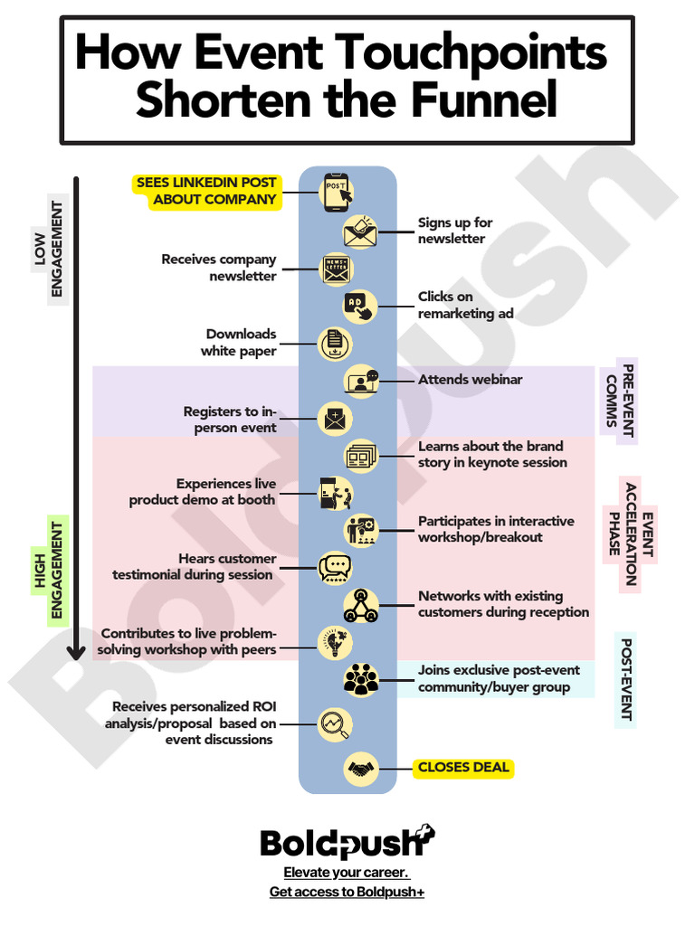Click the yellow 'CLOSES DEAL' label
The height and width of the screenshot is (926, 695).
[x=463, y=768]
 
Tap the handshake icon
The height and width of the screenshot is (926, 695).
[x=361, y=769]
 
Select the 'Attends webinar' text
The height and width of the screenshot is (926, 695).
[x=470, y=380]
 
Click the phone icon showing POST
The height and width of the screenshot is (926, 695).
[x=336, y=191]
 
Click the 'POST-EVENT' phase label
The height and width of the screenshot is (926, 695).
[x=625, y=680]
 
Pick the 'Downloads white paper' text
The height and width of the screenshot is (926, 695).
[x=241, y=343]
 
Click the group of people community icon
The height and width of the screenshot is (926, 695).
[x=361, y=679]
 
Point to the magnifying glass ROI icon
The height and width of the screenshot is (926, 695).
[x=334, y=723]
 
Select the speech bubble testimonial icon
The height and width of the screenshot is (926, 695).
[x=334, y=567]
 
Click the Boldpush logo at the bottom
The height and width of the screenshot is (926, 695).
[x=347, y=843]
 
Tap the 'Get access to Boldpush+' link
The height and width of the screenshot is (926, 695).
[x=347, y=893]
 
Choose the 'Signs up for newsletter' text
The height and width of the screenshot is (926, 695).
[x=454, y=231]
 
